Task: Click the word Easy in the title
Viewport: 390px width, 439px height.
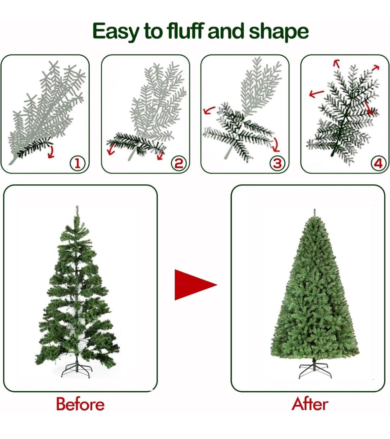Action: click(x=116, y=31)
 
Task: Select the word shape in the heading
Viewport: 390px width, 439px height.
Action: click(x=279, y=31)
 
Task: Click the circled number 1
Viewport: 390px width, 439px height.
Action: click(x=77, y=163)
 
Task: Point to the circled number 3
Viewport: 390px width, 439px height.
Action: click(x=277, y=163)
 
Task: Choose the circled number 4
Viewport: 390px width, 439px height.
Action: click(x=378, y=163)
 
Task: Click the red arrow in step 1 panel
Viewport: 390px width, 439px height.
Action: click(x=50, y=152)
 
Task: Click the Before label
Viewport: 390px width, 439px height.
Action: click(x=80, y=404)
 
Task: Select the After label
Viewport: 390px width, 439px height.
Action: click(x=310, y=404)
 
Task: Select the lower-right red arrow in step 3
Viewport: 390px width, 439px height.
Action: click(x=276, y=145)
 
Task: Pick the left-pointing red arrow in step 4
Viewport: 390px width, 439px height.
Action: click(x=316, y=93)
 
